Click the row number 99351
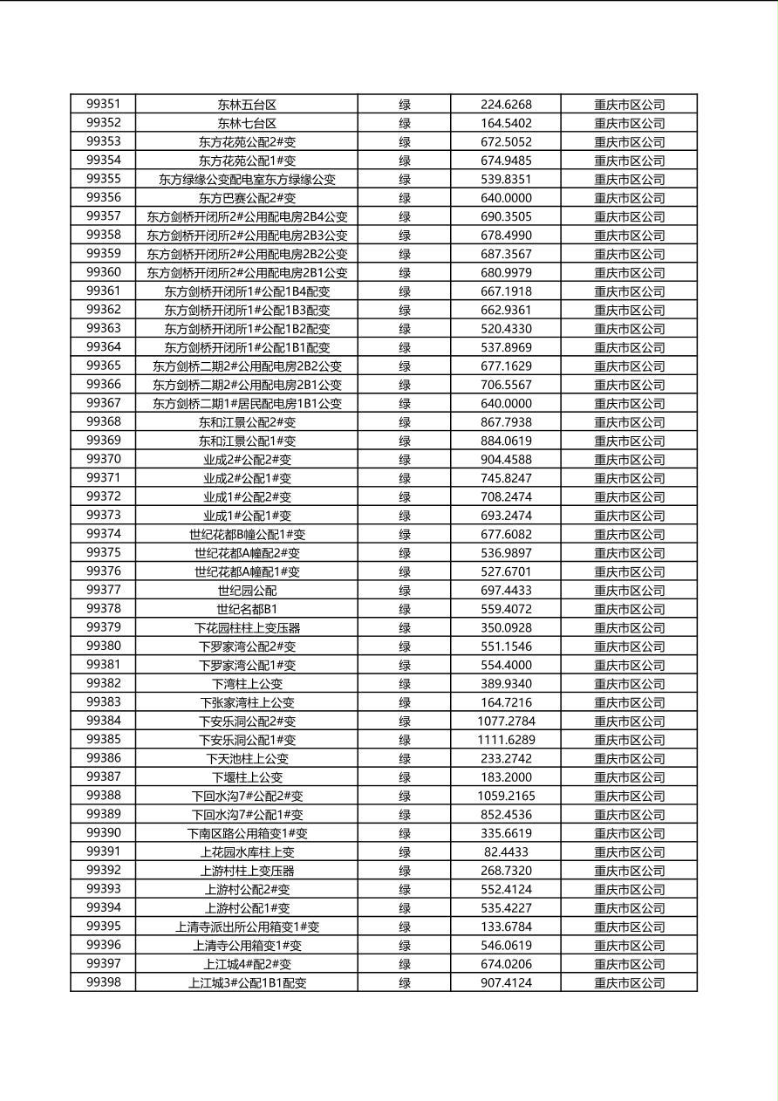[x=104, y=104]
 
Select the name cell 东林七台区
[x=247, y=123]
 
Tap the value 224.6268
[x=506, y=105]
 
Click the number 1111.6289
[x=506, y=740]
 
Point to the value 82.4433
[x=506, y=851]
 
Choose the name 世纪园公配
[x=247, y=591]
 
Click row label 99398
[x=104, y=982]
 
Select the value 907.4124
[x=506, y=983]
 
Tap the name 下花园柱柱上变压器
[x=247, y=628]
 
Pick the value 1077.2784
[x=506, y=721]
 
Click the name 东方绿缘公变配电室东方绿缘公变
[x=247, y=180]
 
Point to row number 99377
[x=104, y=590]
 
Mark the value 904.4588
[x=506, y=460]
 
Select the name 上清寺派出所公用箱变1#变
[x=247, y=927]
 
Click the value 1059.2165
[x=506, y=796]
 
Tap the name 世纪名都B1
[x=247, y=609]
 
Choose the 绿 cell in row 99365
[x=405, y=366]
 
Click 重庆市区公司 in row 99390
[x=629, y=833]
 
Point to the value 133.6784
[x=506, y=927]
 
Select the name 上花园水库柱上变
[x=247, y=852]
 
